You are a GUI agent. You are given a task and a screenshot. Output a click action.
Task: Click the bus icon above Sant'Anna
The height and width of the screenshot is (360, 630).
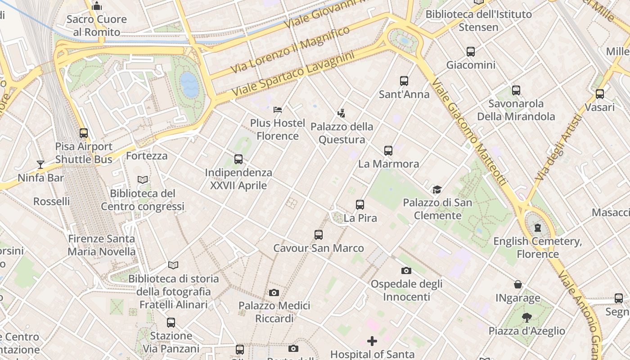pos(404,81)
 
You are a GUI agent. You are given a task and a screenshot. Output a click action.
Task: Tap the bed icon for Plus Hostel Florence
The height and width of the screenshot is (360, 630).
pos(278,110)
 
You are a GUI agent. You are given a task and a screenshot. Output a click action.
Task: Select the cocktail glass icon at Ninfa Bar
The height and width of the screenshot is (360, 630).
pos(40,165)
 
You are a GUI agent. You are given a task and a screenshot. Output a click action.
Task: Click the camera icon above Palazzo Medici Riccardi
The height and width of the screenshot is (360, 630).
pos(274,293)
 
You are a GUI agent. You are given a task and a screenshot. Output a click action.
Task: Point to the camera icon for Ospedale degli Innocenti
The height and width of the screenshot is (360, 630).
pos(406,270)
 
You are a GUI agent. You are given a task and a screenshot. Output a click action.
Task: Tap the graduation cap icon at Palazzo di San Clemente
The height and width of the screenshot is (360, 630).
pos(437,189)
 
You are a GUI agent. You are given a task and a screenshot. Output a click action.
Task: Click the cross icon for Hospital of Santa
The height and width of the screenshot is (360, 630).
pos(372,341)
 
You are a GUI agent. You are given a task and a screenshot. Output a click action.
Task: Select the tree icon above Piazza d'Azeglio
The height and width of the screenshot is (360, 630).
pos(526,318)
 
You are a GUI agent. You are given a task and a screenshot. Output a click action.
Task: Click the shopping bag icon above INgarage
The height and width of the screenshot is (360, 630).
pos(518,284)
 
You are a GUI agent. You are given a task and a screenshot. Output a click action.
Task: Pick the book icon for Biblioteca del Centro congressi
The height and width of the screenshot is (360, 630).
pos(143,180)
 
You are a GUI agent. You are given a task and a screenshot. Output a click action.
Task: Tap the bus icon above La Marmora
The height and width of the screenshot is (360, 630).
pos(388,151)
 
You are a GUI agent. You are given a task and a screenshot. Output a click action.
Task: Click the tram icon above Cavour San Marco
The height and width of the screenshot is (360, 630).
pos(319,235)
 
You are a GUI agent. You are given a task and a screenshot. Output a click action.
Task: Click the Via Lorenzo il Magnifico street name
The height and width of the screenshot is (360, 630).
pos(290,49)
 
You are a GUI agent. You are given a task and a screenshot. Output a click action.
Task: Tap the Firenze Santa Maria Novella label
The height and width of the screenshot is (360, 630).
pos(101,245)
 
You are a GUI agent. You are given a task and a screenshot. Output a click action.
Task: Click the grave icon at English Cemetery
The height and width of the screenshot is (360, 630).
pos(537,228)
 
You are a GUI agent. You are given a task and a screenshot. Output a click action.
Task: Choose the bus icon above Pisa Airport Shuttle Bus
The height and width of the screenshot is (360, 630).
pos(84,133)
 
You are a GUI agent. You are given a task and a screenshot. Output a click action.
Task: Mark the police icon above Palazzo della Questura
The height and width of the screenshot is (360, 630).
pos(342,113)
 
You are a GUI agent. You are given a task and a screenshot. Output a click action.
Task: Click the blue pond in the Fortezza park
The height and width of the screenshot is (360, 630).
pos(189,84)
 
